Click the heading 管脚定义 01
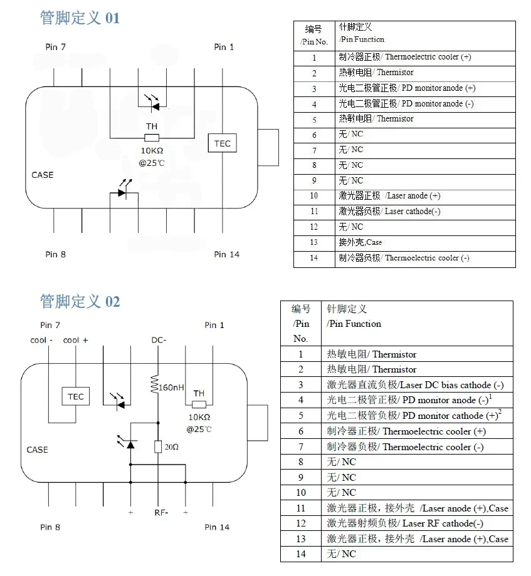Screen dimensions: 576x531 tap(80, 18)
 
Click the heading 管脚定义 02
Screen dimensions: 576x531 tap(80, 302)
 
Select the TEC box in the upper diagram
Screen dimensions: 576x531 tap(223, 143)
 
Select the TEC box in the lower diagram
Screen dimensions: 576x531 tap(76, 396)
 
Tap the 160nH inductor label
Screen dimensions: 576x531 tap(171, 388)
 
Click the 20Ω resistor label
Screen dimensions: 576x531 tap(172, 447)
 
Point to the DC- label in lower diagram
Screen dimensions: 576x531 tap(159, 340)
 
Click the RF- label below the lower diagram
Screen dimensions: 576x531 tap(160, 513)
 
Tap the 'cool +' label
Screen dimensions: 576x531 tap(76, 340)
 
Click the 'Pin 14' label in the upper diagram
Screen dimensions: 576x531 tap(226, 254)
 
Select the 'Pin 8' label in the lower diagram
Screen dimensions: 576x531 tap(51, 527)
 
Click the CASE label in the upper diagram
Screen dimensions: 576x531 tap(43, 175)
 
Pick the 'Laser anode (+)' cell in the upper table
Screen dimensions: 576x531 tap(389, 196)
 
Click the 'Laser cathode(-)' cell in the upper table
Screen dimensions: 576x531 tap(389, 212)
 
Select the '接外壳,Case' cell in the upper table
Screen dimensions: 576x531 tap(360, 242)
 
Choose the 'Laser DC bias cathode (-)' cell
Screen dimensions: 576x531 tap(415, 385)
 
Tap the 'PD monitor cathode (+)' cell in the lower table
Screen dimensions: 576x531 tap(414, 416)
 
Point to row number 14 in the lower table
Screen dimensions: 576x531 tap(301, 553)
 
